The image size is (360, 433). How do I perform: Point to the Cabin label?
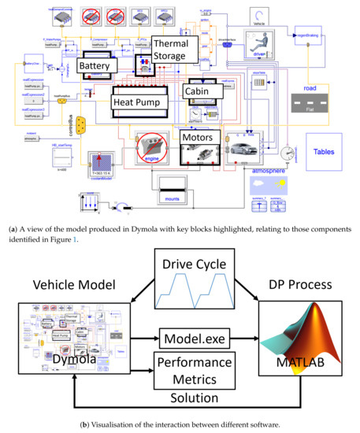pos(199,91)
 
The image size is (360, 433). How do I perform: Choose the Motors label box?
pos(198,137)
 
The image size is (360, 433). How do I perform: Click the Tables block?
pos(325,151)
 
